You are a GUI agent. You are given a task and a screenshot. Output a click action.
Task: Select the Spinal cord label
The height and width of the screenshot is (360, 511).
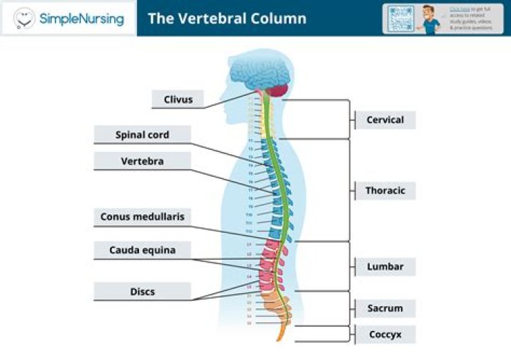[x=143, y=135]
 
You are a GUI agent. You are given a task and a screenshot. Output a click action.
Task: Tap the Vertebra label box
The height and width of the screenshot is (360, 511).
[x=143, y=161]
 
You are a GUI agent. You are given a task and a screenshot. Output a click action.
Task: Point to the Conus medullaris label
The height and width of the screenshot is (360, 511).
[x=143, y=217]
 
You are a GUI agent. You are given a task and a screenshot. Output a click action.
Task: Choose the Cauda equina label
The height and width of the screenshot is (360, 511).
[x=143, y=250]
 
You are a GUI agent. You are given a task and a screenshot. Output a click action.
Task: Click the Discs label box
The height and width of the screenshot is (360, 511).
[x=143, y=291]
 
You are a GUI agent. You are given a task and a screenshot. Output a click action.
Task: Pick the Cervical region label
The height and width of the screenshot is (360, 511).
[x=385, y=120]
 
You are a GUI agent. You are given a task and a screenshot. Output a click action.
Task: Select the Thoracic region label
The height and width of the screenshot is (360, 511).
[x=385, y=190]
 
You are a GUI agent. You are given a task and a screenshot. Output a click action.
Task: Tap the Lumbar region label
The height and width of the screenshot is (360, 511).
[x=385, y=267]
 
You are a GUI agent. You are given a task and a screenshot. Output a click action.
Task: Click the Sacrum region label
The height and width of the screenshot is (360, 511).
[x=385, y=308]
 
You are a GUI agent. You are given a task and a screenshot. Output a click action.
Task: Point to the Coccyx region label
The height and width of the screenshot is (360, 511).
[x=385, y=334]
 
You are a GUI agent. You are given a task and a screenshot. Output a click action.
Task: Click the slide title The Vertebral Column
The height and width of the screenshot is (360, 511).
[x=227, y=18]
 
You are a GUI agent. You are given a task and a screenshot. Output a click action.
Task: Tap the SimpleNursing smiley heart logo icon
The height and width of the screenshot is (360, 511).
[x=25, y=18]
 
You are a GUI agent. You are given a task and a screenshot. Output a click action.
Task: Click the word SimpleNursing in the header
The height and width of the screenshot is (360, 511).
[x=82, y=18]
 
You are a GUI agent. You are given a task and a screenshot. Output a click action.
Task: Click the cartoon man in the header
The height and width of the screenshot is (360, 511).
[x=431, y=18]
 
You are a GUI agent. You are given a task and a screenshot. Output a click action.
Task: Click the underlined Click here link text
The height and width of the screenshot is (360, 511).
[x=459, y=9]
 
